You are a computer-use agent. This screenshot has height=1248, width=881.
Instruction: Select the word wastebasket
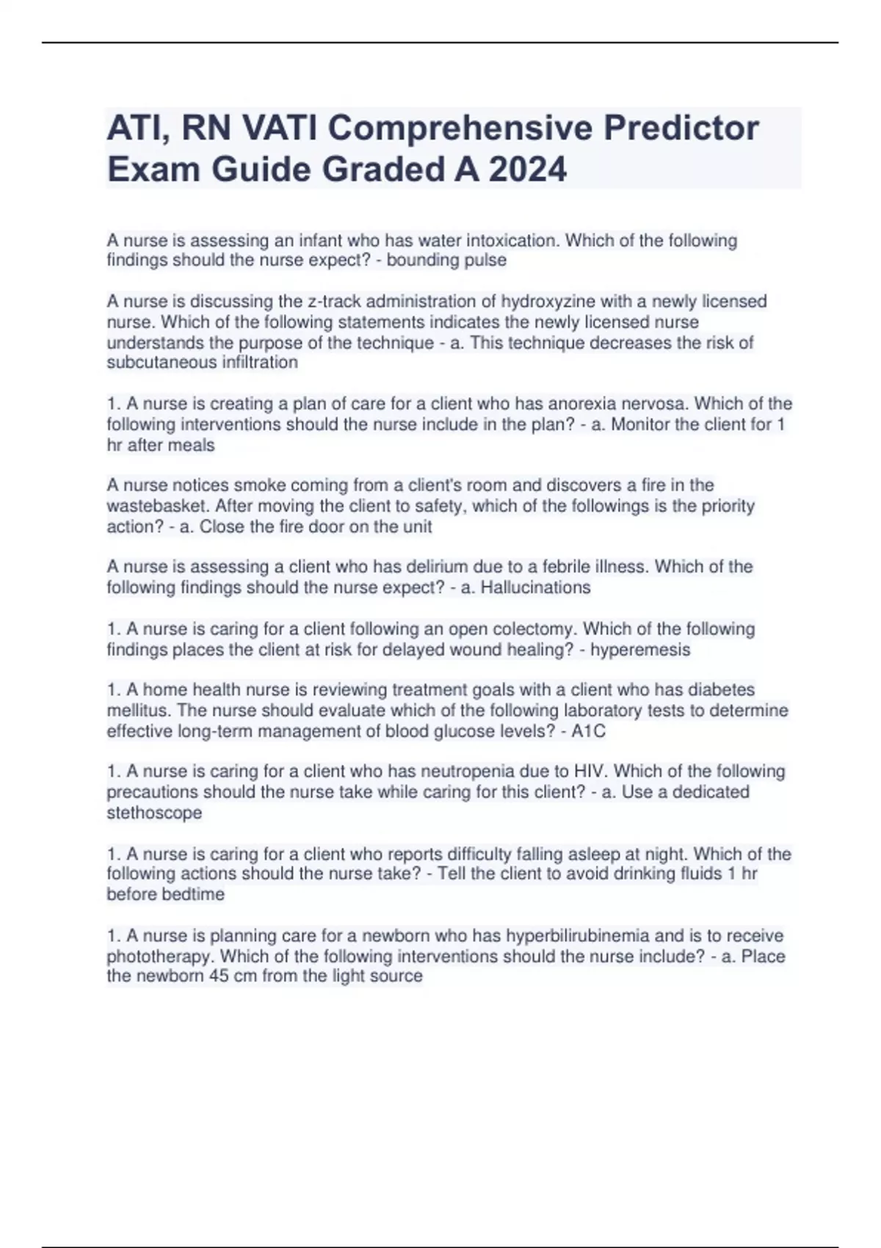point(157,507)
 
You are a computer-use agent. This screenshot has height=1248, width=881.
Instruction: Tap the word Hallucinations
point(535,588)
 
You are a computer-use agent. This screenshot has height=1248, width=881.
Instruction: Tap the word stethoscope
point(154,813)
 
